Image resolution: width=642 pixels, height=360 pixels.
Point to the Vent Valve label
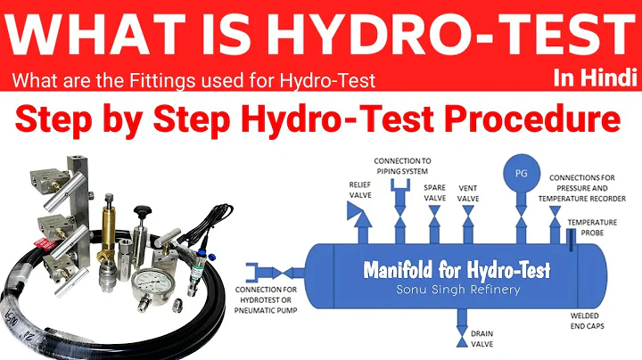click(x=468, y=192)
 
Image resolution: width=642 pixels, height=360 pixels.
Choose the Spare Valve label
click(x=434, y=192)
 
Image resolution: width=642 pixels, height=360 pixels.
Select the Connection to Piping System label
click(x=401, y=165)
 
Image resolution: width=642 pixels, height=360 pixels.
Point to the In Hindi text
click(x=595, y=78)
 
